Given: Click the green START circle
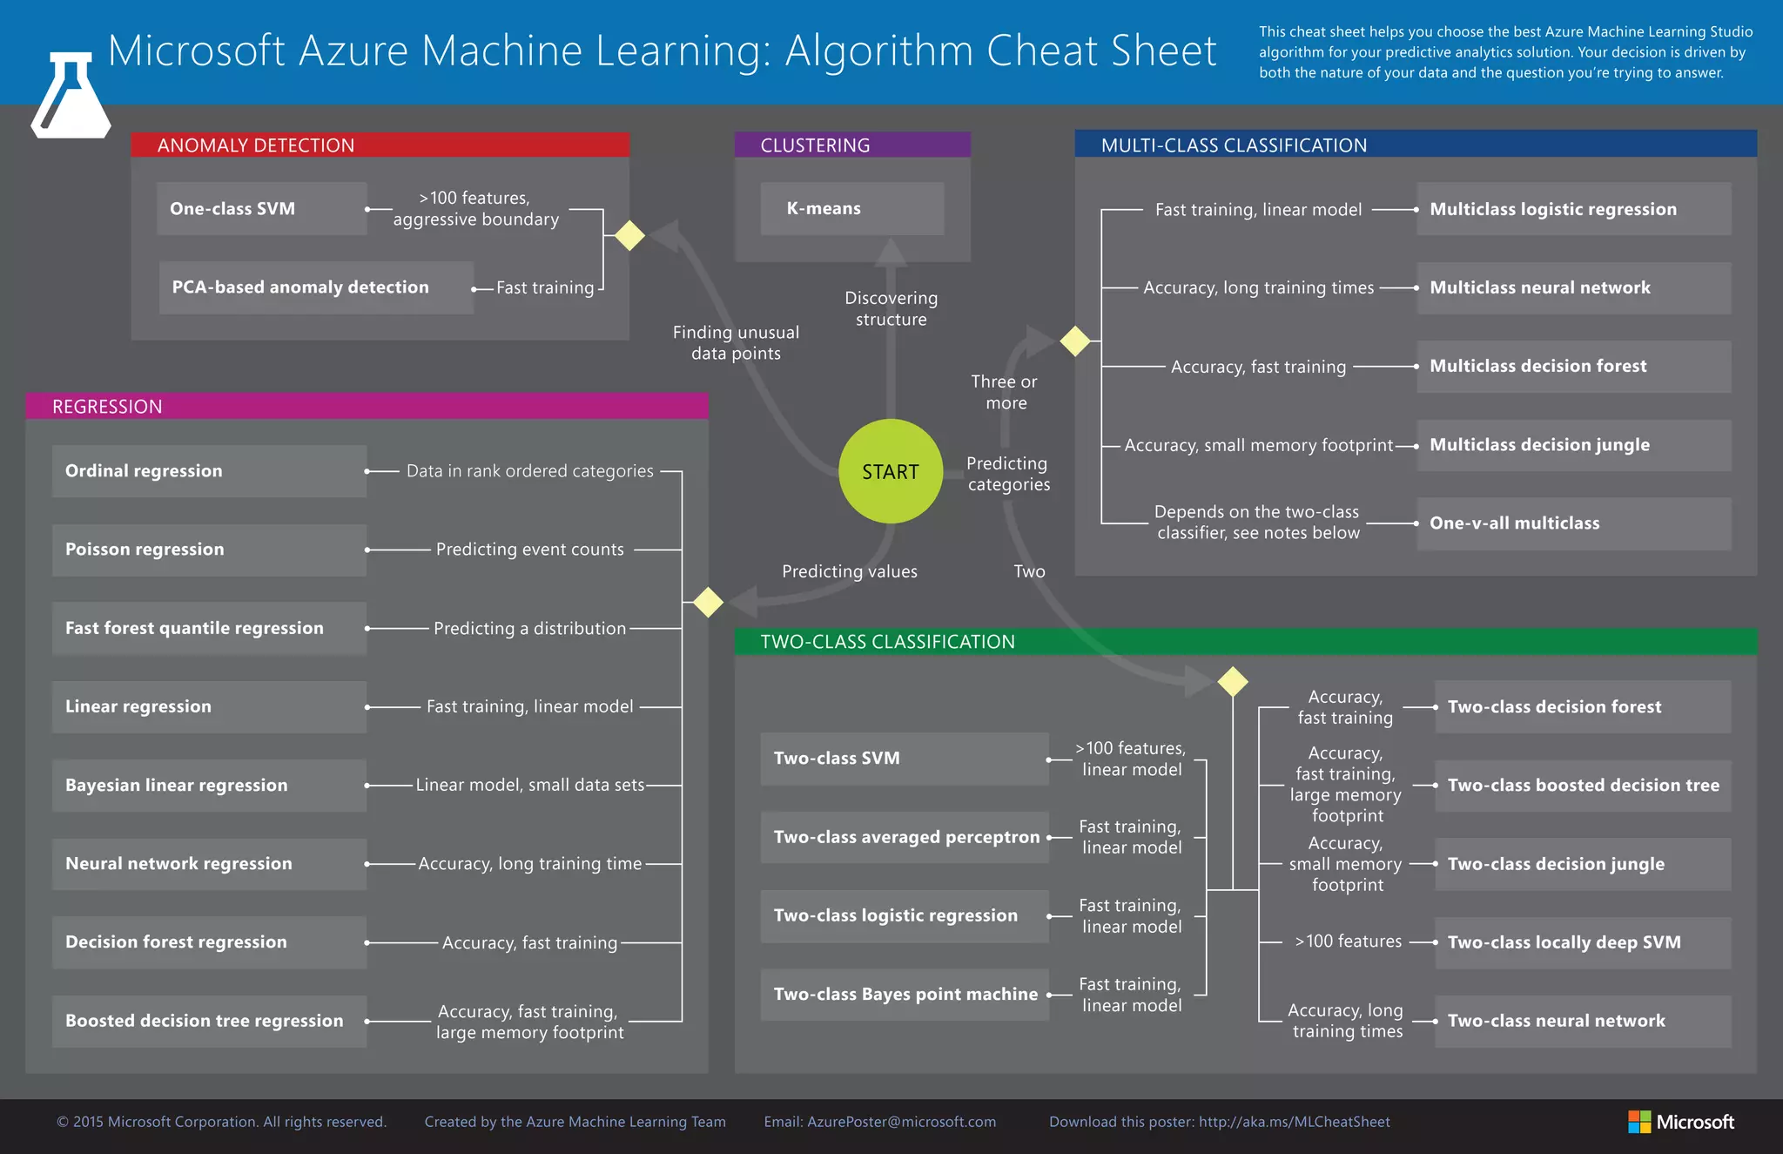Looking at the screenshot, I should pyautogui.click(x=890, y=471).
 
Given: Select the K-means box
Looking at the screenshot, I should pyautogui.click(x=851, y=209).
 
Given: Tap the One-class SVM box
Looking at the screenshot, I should pyautogui.click(x=261, y=209).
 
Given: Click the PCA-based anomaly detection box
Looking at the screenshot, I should pyautogui.click(x=316, y=287).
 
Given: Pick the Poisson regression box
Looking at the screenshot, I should pyautogui.click(x=209, y=550).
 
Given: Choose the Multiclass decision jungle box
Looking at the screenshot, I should pyautogui.click(x=1573, y=445).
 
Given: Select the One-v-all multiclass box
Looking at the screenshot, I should pyautogui.click(x=1573, y=523).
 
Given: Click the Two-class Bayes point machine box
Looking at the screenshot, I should pyautogui.click(x=905, y=995).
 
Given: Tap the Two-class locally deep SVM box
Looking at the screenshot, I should pyautogui.click(x=1582, y=942).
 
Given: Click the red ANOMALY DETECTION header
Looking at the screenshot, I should pyautogui.click(x=380, y=145).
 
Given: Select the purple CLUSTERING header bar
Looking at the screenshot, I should pyautogui.click(x=851, y=145).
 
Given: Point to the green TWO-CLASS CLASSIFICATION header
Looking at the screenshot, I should pyautogui.click(x=1245, y=642).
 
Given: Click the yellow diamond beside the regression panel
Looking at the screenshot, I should pyautogui.click(x=708, y=602).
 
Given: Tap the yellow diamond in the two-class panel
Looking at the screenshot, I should pyautogui.click(x=1232, y=681).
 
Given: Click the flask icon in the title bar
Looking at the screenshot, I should pyautogui.click(x=71, y=96).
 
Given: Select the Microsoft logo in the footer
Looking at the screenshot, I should pyautogui.click(x=1680, y=1122).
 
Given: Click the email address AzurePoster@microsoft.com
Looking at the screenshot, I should pyautogui.click(x=901, y=1122).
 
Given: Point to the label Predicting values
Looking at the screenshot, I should pyautogui.click(x=849, y=571).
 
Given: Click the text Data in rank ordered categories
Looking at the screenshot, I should pyautogui.click(x=529, y=471).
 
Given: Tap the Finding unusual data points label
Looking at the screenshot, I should pyautogui.click(x=736, y=342).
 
